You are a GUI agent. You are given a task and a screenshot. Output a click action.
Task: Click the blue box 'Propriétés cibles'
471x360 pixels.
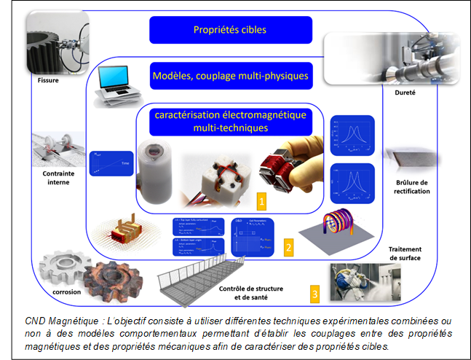230,30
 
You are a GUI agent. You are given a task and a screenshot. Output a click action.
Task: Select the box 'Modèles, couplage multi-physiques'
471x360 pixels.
230,74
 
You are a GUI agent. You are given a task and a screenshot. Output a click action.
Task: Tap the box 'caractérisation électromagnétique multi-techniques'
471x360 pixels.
231,121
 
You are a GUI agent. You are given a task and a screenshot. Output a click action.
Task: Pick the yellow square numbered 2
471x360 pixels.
289,248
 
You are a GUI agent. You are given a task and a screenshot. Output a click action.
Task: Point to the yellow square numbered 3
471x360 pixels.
314,294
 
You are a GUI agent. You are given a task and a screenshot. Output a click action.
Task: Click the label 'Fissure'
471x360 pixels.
48,80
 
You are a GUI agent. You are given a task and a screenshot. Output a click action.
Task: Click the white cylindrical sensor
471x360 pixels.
154,174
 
